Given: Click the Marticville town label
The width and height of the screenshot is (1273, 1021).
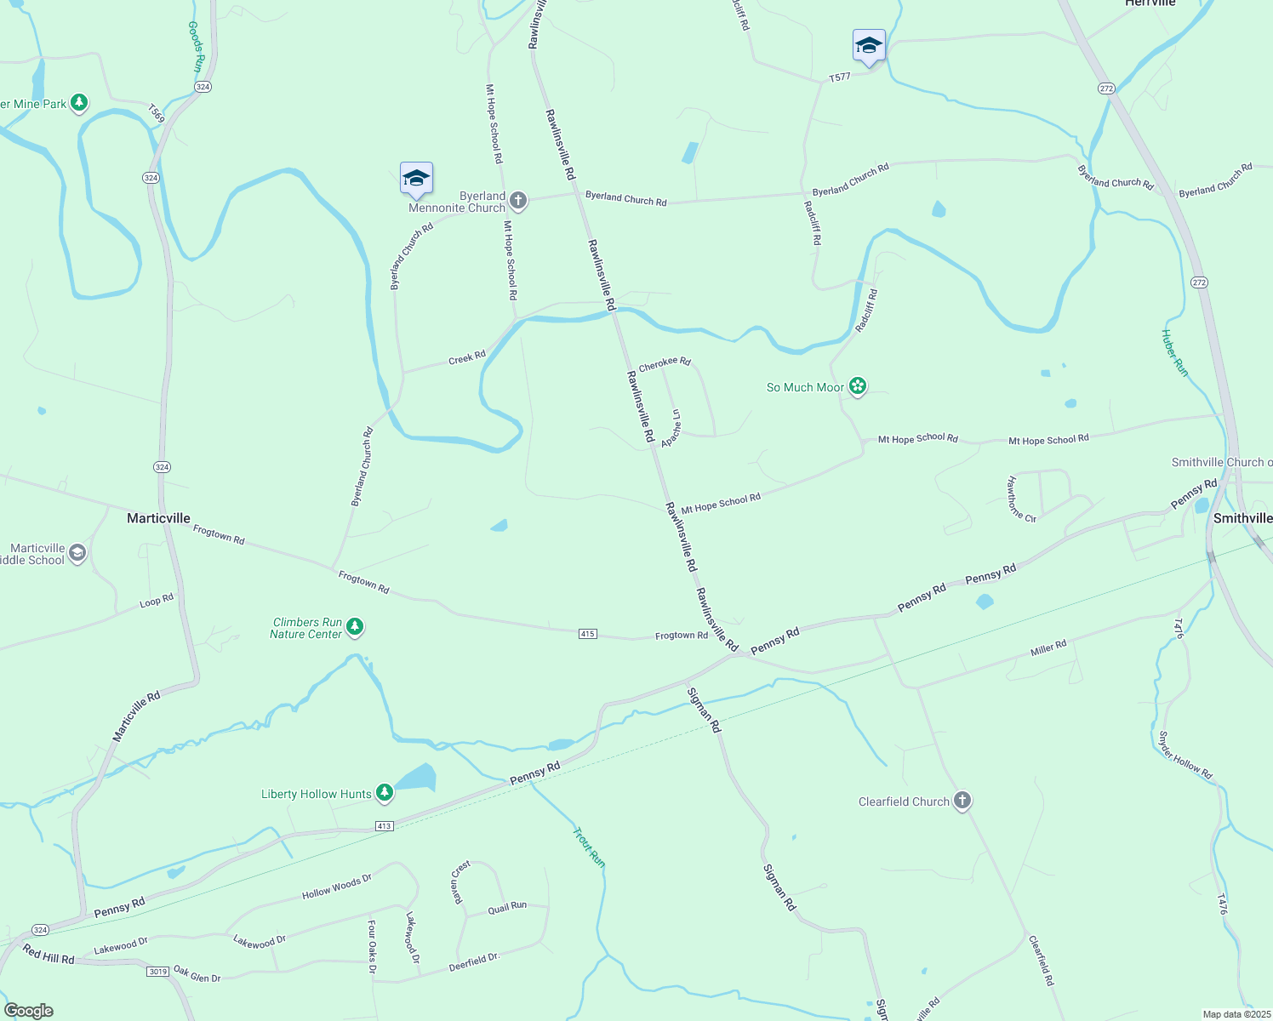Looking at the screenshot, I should point(158,518).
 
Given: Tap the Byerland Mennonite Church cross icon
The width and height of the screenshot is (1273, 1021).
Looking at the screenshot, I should point(517,202).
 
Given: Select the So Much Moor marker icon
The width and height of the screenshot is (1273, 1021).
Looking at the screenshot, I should point(858,387).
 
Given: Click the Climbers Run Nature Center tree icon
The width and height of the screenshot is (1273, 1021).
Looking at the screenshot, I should point(355,628).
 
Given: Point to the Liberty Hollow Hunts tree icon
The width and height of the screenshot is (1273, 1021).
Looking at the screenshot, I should point(385,793).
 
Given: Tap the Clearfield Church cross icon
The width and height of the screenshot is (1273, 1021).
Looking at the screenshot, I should point(962,801).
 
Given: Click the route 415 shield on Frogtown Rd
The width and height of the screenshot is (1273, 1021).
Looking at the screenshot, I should point(587,634).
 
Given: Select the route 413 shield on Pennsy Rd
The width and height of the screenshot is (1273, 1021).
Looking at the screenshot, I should point(384,826).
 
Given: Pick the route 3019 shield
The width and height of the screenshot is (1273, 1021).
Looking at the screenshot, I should point(157,971).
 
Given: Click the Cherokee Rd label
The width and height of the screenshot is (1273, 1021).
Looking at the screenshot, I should point(665,364).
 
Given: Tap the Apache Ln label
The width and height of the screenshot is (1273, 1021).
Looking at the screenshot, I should point(671,428).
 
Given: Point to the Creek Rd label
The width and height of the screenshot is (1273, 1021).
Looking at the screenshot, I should point(467,358).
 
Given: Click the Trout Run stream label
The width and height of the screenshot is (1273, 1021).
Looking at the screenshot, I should point(588,847).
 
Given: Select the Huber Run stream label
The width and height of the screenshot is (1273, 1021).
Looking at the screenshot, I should point(1174,352).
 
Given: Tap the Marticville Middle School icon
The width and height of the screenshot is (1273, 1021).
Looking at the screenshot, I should point(77,554).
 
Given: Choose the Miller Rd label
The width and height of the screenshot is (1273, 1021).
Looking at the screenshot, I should point(1048,648).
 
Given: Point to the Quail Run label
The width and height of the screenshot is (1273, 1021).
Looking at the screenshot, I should point(507,908).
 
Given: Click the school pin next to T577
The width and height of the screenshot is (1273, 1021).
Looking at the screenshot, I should point(869,46).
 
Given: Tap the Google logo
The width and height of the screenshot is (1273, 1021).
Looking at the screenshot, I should point(29,1011).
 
